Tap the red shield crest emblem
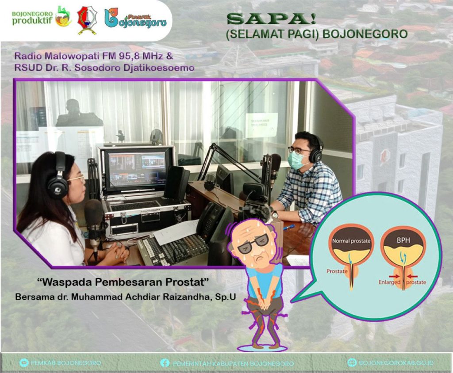(x=87, y=20)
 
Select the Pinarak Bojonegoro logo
(x=135, y=19)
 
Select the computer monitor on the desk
(x=137, y=168)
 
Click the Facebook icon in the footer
(x=165, y=363)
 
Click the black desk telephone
(x=212, y=221)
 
